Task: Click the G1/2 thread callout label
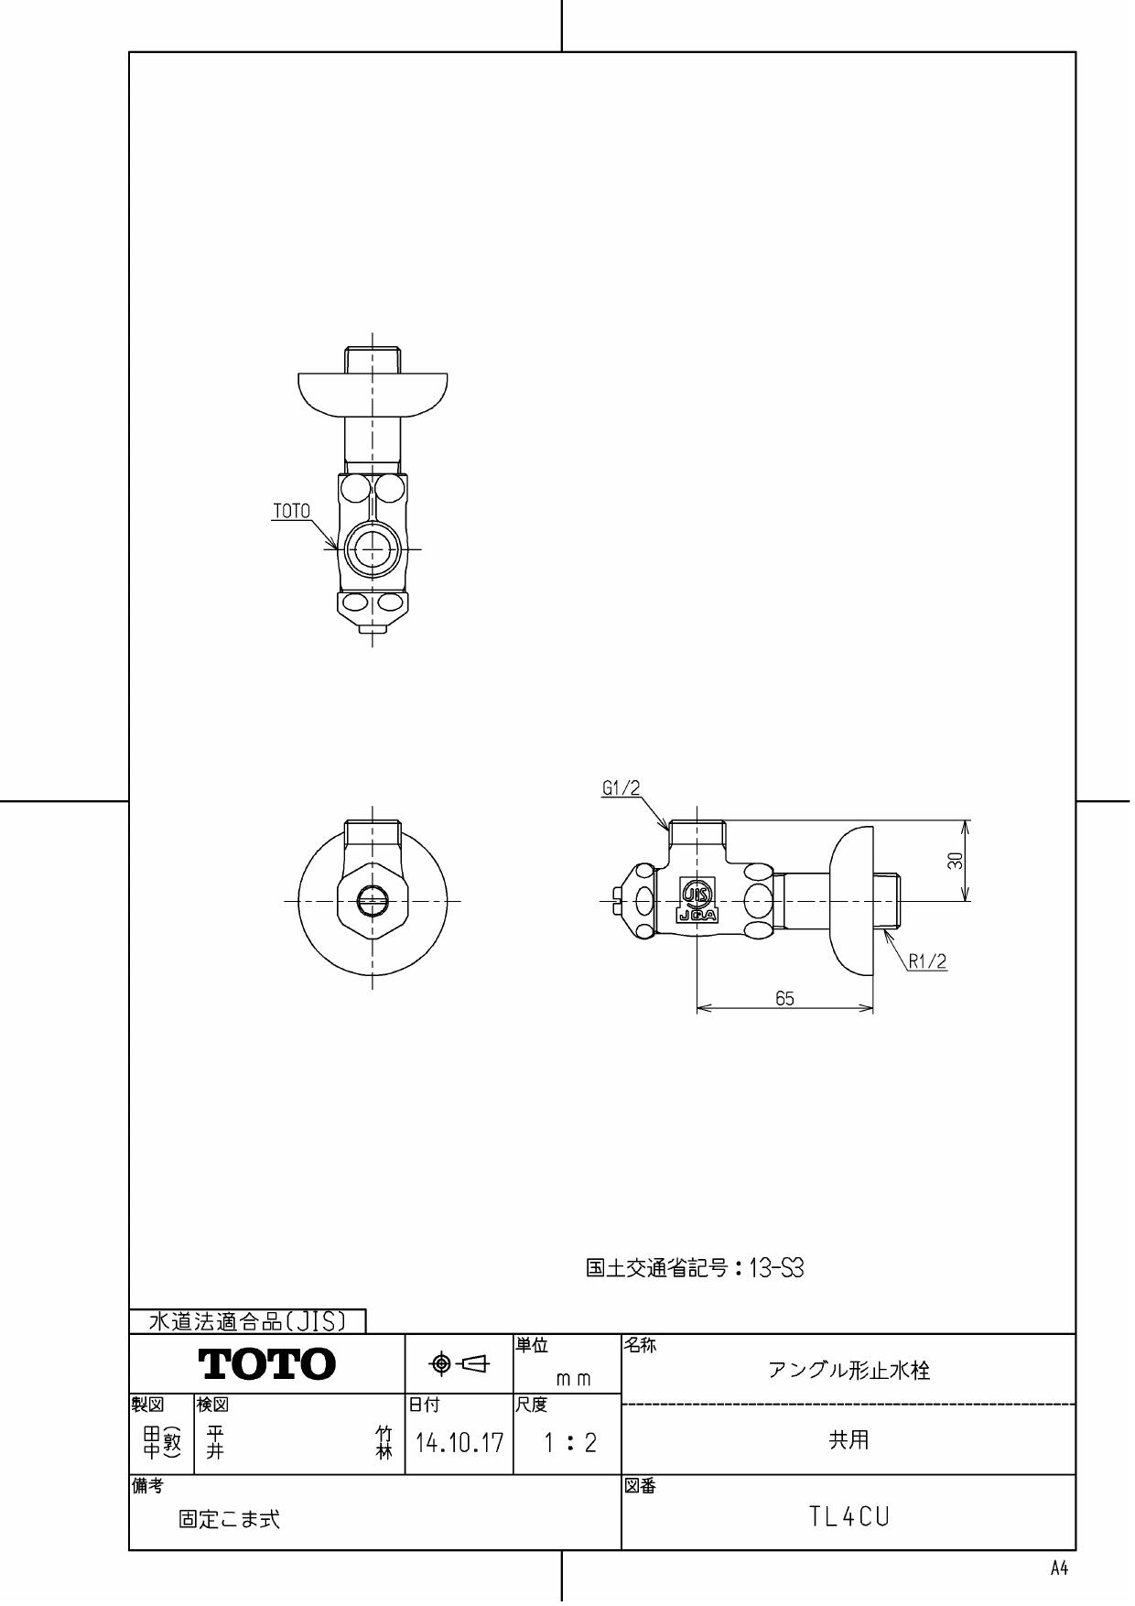tap(621, 788)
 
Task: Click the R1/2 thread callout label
tap(927, 961)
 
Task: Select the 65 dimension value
tap(784, 999)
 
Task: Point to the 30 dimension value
tap(955, 861)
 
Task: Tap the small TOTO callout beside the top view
tap(291, 512)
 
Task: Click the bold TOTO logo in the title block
tap(267, 1364)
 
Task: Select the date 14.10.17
tap(459, 1444)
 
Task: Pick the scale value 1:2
tap(568, 1444)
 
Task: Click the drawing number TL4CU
tap(849, 1517)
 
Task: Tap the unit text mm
tap(573, 1379)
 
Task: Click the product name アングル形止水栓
tap(849, 1371)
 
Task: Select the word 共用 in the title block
tap(849, 1440)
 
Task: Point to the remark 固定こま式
tap(230, 1520)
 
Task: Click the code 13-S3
tap(776, 1268)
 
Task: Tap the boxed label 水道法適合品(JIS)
tap(247, 1321)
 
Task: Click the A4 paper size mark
tap(1058, 1569)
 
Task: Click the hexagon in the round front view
tap(373, 899)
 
